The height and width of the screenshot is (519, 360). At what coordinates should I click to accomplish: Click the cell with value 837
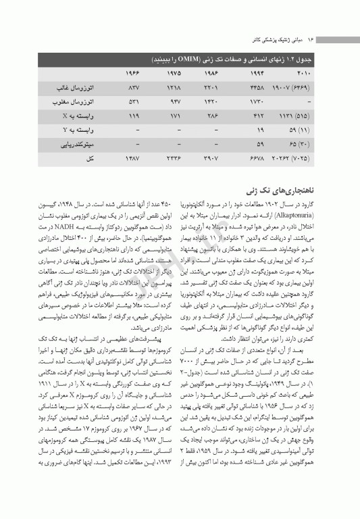(x=133, y=88)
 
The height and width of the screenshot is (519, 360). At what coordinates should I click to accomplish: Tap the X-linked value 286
(x=214, y=116)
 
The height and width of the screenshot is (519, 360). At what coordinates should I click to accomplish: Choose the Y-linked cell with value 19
(x=259, y=129)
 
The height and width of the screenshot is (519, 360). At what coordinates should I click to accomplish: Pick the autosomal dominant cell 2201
(x=214, y=88)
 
